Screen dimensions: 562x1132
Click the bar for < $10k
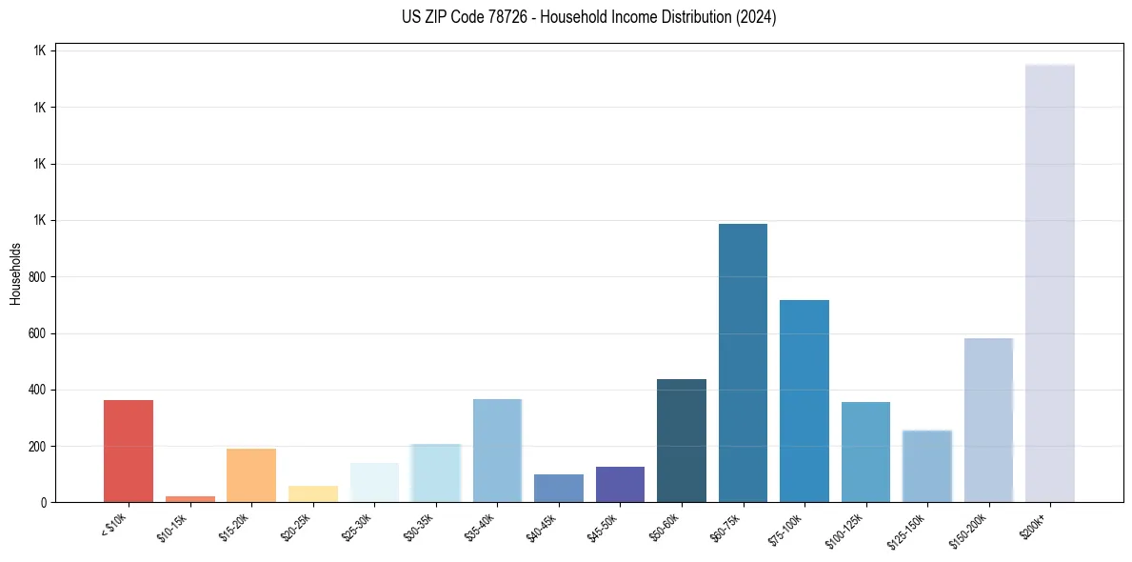(129, 451)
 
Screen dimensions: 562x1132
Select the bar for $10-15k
(189, 499)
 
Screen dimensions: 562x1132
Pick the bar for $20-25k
(313, 493)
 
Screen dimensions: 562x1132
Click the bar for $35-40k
(497, 451)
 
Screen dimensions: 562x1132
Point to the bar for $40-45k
(559, 488)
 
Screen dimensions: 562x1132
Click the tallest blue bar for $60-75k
(743, 363)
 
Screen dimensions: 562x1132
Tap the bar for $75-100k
(804, 401)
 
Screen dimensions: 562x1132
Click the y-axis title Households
(15, 273)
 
